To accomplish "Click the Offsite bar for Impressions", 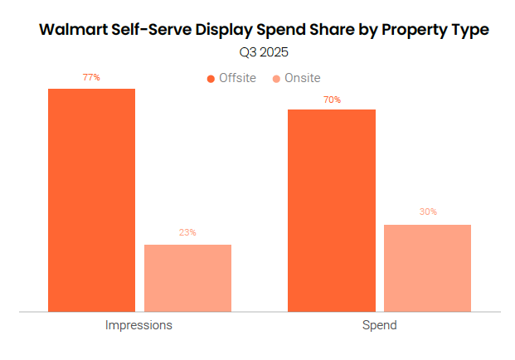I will tap(91, 199).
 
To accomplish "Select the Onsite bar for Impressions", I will tap(187, 278).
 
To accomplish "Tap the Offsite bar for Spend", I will tap(331, 210).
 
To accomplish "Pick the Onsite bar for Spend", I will tap(427, 268).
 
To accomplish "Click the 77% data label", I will tap(91, 77).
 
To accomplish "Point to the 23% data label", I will tap(187, 233).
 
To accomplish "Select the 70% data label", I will tap(332, 100).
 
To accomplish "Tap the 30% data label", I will tap(428, 212).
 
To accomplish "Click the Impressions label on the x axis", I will tap(138, 325).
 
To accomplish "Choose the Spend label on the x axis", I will tap(380, 325).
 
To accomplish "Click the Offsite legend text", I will tap(237, 78).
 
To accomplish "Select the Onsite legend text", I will tap(302, 78).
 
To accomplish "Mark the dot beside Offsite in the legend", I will tap(211, 79).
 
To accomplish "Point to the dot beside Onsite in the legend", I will tap(276, 79).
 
